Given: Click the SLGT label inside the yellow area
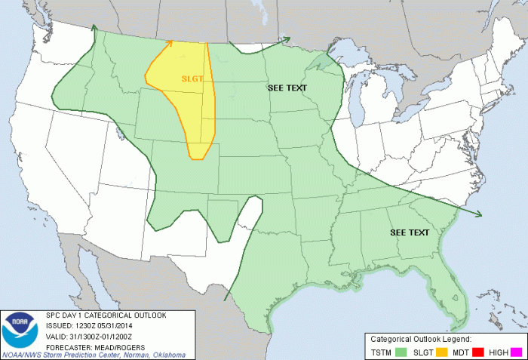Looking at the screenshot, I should pyautogui.click(x=192, y=78).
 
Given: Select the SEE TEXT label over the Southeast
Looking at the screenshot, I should pyautogui.click(x=409, y=232).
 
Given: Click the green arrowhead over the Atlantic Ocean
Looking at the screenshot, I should pyautogui.click(x=480, y=214).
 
